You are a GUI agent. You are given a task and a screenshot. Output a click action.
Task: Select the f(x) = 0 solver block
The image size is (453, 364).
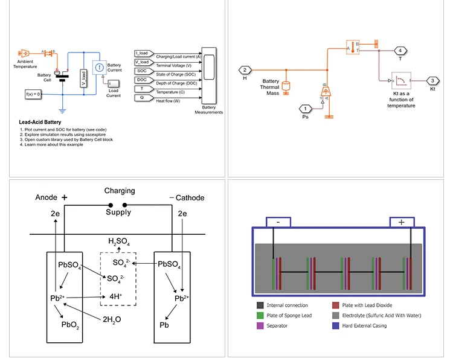[x=33, y=95]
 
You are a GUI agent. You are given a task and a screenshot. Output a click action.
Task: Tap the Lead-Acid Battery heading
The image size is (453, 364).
[x=40, y=123]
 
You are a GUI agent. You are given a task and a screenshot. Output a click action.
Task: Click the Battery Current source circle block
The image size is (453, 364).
[x=100, y=69]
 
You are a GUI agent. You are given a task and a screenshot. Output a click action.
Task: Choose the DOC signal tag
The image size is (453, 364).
[x=142, y=80]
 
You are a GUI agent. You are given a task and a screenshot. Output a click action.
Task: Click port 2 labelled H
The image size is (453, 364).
[x=245, y=70]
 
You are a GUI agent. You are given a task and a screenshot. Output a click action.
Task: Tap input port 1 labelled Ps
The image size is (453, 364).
[x=305, y=109]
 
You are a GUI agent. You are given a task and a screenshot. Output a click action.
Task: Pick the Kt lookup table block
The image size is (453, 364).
[x=401, y=80]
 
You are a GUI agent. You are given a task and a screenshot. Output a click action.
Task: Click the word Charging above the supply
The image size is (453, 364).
[x=120, y=191]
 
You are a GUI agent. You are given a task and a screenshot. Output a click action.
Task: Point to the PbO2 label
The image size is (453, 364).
[x=70, y=325]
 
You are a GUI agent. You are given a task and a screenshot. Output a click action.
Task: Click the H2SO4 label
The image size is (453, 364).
[x=119, y=242]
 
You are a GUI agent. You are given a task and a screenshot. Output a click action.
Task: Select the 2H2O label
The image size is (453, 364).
[x=113, y=319]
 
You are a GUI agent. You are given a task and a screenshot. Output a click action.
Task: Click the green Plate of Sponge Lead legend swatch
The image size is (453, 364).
[x=260, y=315]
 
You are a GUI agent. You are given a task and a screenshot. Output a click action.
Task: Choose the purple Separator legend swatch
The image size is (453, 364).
[x=260, y=325]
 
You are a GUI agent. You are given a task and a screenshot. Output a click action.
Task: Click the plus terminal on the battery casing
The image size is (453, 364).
[x=402, y=222]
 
